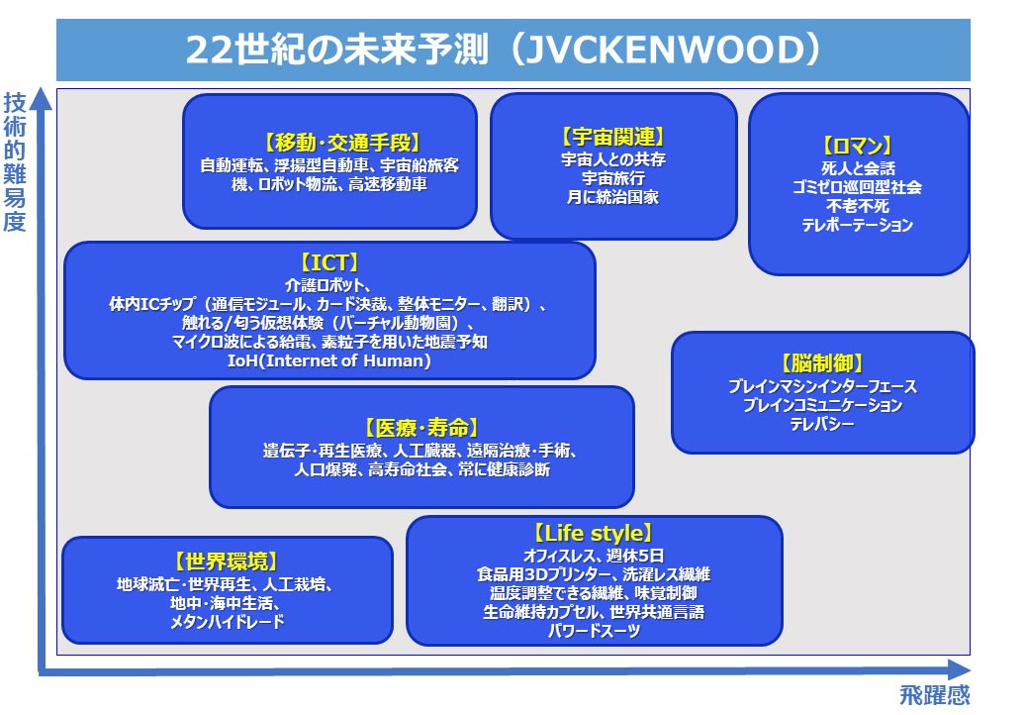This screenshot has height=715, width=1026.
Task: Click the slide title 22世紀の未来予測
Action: (x=337, y=50)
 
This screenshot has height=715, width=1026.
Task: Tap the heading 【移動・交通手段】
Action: (x=341, y=142)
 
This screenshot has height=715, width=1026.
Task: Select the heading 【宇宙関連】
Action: (x=613, y=137)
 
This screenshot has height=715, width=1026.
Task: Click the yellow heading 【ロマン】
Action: (x=857, y=146)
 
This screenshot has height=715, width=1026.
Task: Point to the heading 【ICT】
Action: (x=329, y=262)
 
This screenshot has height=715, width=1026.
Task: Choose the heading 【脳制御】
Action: (x=822, y=363)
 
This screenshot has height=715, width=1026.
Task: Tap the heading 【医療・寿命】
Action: (x=421, y=428)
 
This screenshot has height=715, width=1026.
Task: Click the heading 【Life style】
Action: (x=594, y=533)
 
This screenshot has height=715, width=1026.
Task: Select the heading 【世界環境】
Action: (x=227, y=562)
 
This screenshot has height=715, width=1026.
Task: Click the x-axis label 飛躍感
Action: (x=934, y=695)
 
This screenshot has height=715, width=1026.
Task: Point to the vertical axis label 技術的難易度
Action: (x=15, y=161)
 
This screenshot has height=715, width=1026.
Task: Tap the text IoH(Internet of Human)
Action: (x=329, y=360)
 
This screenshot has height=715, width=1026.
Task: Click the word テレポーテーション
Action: (x=857, y=225)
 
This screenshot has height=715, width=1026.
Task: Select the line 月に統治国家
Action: (x=613, y=197)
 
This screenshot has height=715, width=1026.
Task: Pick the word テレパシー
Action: (x=822, y=424)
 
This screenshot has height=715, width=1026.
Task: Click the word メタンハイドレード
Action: (x=227, y=622)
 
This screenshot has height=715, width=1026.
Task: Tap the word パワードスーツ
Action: (x=594, y=631)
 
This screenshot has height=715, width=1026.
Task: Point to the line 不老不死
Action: (x=857, y=206)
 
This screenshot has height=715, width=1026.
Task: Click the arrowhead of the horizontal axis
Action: (x=960, y=669)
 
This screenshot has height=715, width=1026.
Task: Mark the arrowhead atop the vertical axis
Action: (x=42, y=98)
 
